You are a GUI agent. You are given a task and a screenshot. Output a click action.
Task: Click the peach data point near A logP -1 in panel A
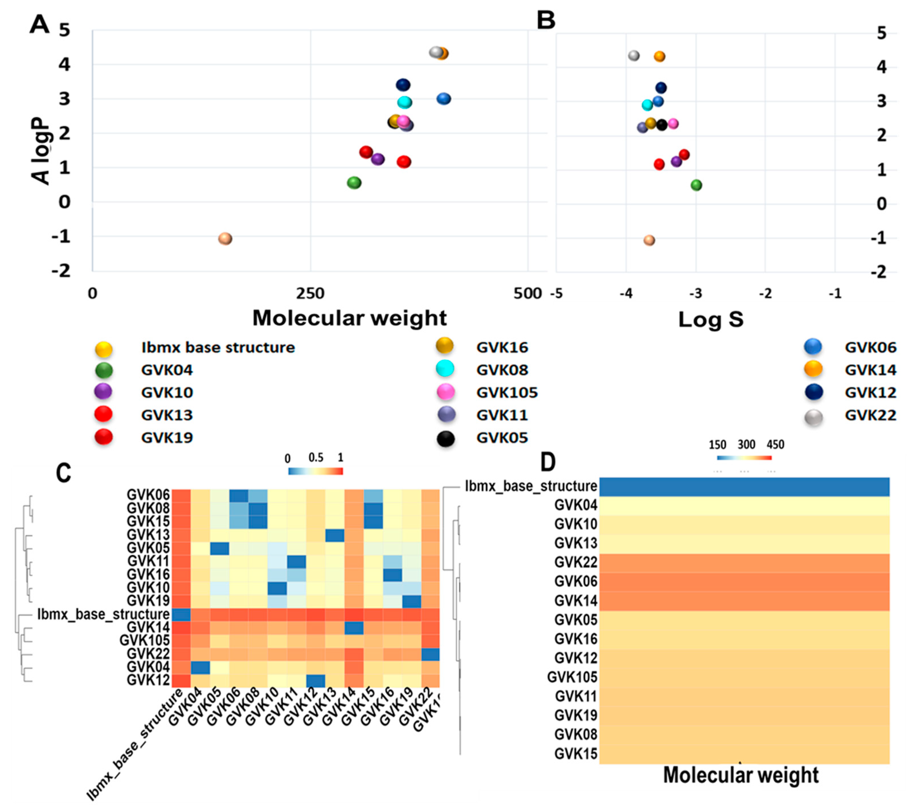point(225,239)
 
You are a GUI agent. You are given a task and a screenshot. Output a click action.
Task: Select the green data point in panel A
point(354,183)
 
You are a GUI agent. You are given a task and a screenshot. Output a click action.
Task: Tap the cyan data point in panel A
point(405,103)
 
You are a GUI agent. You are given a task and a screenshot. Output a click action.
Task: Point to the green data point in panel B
point(696,185)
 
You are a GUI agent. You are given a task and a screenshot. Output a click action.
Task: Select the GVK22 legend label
point(870,415)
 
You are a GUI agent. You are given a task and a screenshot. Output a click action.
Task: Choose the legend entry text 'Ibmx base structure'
point(218,348)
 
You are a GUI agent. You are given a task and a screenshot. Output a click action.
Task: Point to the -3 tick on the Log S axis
point(696,294)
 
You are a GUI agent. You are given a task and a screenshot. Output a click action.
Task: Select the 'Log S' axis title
point(711,320)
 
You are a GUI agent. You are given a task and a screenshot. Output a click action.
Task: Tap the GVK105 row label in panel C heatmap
point(145,640)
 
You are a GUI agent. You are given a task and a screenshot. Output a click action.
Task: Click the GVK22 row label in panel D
point(576,562)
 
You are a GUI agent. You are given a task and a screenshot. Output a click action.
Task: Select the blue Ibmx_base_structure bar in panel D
point(745,486)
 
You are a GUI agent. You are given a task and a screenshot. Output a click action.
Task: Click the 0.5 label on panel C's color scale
point(316,458)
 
